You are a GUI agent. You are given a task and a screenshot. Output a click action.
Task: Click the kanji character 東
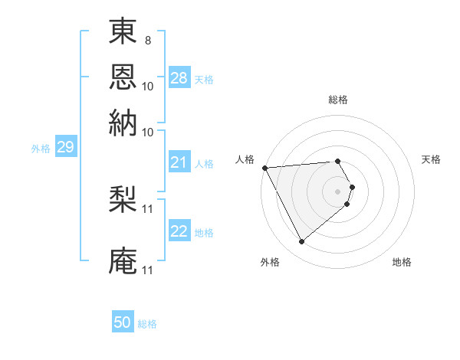tap(123, 31)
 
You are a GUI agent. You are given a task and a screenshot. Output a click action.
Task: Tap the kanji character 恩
tap(123, 77)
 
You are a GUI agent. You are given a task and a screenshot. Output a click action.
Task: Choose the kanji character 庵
tap(123, 260)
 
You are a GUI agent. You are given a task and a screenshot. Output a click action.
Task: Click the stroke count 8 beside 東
tap(147, 40)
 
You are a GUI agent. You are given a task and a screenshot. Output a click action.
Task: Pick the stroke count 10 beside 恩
tap(148, 86)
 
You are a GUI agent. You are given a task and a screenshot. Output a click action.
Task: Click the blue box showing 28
tap(179, 78)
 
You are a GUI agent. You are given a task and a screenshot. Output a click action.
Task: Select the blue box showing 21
tap(179, 162)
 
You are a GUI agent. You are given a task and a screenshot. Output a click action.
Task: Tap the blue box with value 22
tap(179, 231)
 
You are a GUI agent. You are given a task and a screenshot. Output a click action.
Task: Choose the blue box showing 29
tap(65, 148)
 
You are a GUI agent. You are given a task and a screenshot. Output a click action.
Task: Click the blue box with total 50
tap(123, 322)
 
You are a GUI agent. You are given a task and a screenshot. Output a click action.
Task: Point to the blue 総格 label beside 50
tap(147, 324)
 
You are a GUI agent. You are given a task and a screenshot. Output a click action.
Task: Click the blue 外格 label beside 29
tap(41, 149)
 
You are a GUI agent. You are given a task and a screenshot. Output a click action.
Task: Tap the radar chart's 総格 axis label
tap(338, 100)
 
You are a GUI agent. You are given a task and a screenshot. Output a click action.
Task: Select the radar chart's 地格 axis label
tap(402, 262)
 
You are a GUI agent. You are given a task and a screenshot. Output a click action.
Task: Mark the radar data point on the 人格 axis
tap(264, 168)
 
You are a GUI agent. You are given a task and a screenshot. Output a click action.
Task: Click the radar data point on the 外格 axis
tap(302, 242)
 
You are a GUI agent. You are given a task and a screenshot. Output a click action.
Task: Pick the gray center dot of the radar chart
tap(338, 191)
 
